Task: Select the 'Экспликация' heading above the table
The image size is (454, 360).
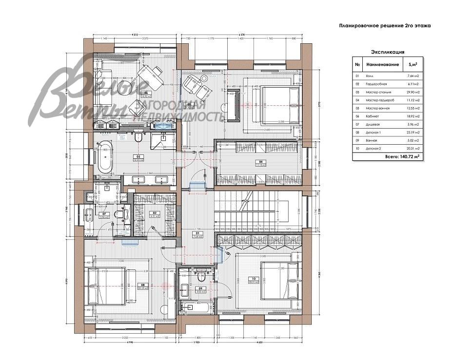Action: [x=388, y=52]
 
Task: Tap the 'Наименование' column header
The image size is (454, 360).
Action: [x=383, y=64]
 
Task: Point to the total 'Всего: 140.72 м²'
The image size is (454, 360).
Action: [x=402, y=157]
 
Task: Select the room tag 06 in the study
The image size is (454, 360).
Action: [x=145, y=93]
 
